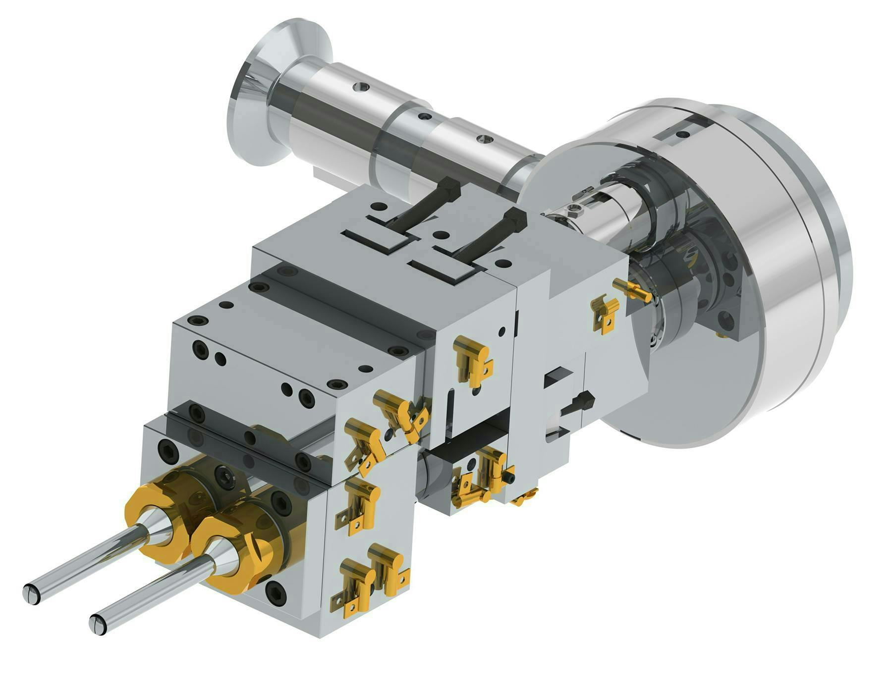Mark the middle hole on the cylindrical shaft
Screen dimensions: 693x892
click(424, 116)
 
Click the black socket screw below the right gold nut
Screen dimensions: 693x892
click(275, 590)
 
